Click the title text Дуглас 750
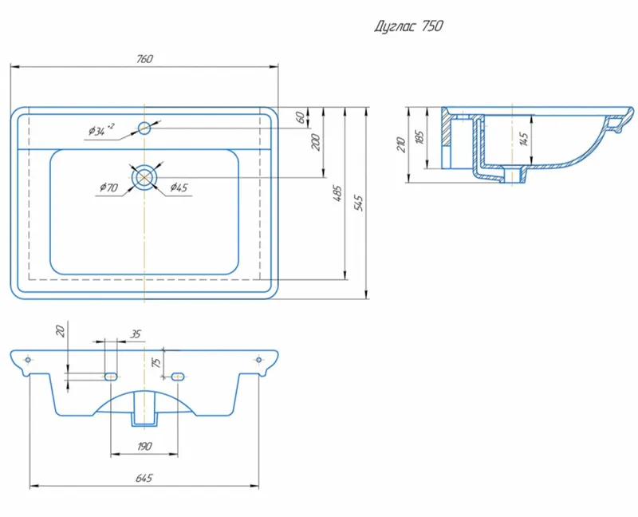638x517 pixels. point(408,27)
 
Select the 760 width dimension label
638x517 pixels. point(144,59)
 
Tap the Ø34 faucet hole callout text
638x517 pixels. point(101,129)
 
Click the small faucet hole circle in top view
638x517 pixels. point(144,128)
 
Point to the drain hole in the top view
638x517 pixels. point(144,177)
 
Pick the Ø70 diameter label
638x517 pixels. point(108,187)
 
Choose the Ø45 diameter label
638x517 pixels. point(179,187)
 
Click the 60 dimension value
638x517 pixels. point(301,117)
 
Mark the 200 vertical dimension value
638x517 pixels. point(316,142)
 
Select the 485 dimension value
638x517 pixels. point(337,194)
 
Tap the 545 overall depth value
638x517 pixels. point(359,203)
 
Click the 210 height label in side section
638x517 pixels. point(402,145)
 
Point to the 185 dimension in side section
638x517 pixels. point(420,137)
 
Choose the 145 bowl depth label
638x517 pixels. point(525,139)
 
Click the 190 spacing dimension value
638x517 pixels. point(144,447)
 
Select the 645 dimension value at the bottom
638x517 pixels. point(144,478)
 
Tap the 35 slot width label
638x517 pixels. point(136,334)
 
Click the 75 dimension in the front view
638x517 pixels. point(156,362)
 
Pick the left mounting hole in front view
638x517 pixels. point(28,360)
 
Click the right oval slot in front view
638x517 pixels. point(177,377)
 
